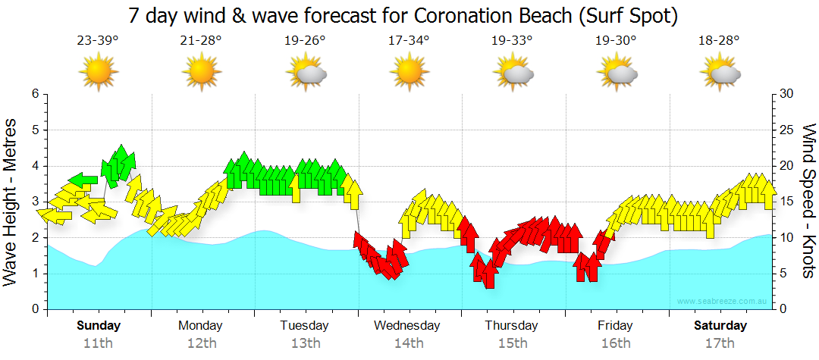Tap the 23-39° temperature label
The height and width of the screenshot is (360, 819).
click(98, 41)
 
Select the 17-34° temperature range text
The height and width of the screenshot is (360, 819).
click(409, 41)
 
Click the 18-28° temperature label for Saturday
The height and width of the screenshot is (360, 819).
click(719, 41)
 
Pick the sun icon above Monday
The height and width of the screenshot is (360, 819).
click(202, 72)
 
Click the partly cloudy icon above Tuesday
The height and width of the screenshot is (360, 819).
click(306, 72)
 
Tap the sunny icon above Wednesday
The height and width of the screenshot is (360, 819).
click(409, 72)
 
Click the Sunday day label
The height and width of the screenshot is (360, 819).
click(99, 326)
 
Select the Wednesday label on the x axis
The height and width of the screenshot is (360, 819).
click(407, 326)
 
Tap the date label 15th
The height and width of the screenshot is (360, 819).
click(513, 343)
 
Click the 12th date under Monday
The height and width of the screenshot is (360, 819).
click(201, 343)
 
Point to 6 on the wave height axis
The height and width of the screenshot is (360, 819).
click(34, 94)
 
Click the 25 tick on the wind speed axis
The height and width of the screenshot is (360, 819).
click(786, 130)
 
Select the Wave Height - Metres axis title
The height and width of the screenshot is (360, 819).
click(12, 202)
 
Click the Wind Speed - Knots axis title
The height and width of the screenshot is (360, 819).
click(808, 202)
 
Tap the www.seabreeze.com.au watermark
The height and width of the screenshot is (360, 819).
click(722, 302)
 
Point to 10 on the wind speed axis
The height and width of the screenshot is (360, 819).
click(786, 238)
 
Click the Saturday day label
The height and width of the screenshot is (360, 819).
click(720, 326)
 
